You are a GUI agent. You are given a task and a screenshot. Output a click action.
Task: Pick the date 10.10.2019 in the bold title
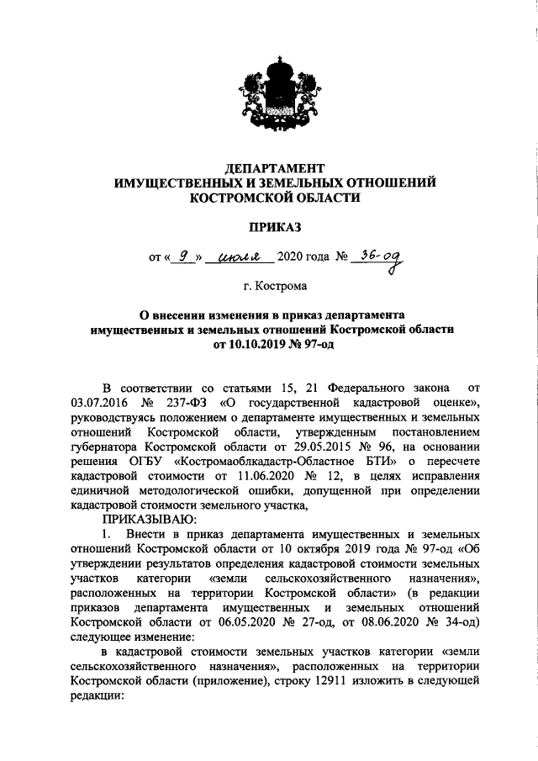click(x=259, y=345)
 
